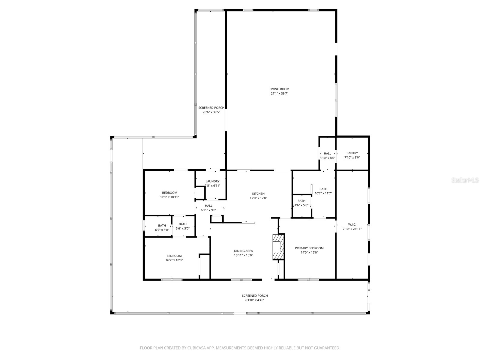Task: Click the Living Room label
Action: point(279,89)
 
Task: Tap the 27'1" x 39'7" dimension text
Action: point(279,94)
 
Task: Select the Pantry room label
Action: point(352,153)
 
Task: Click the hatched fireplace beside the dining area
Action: point(278,247)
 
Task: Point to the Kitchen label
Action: point(258,194)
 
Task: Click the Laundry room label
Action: point(212,181)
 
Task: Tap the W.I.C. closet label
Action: point(352,224)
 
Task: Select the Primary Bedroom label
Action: point(309,248)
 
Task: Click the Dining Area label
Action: point(243,251)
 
